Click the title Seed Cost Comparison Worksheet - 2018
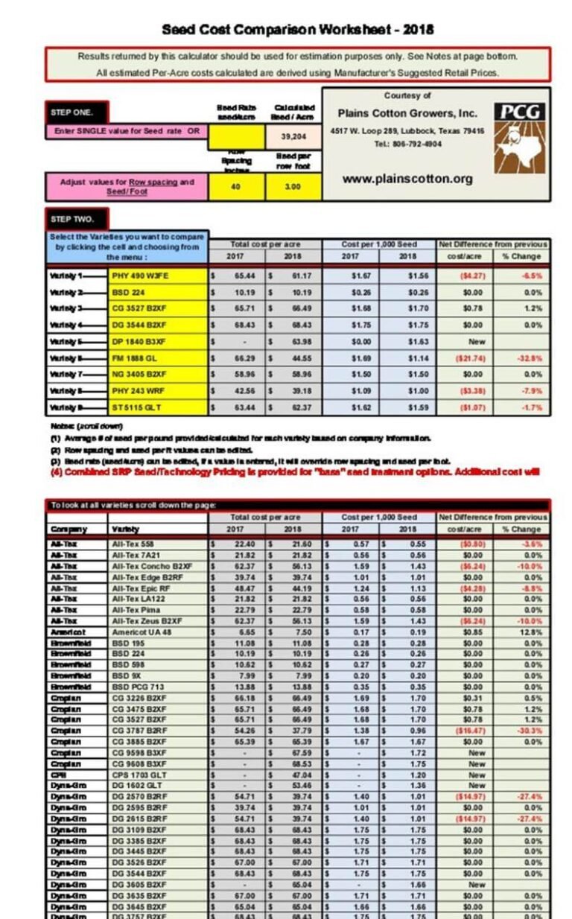(x=298, y=30)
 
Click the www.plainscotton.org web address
(x=407, y=179)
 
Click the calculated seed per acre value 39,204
(x=293, y=137)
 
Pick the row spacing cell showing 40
(x=235, y=187)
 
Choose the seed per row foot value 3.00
(x=293, y=187)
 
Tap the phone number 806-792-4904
(x=407, y=144)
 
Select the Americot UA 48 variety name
(x=141, y=632)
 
